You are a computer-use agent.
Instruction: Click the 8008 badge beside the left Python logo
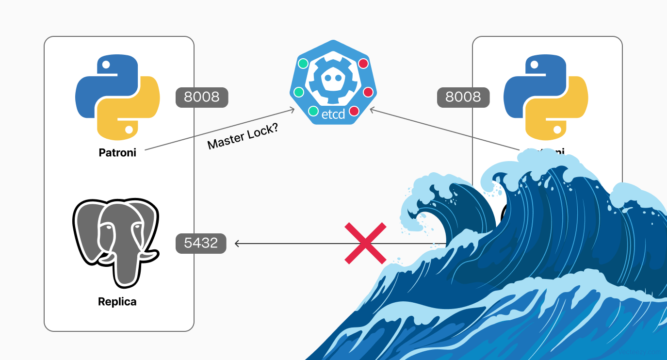tap(202, 97)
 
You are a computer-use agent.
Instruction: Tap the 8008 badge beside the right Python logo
tap(463, 97)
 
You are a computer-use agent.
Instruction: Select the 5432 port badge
tap(201, 243)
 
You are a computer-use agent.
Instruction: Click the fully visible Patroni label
tap(117, 152)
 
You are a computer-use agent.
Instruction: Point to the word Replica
tap(117, 302)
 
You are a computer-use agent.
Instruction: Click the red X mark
tap(366, 243)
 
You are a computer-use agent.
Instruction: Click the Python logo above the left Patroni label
tap(117, 98)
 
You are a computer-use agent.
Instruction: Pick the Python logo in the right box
tap(546, 98)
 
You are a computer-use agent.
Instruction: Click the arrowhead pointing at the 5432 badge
tap(237, 243)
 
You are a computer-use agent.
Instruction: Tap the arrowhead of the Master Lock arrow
tap(292, 110)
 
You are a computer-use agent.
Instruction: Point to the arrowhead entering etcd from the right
tap(373, 110)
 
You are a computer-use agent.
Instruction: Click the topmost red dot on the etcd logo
tap(363, 64)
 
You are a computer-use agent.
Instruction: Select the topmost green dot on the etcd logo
tap(303, 63)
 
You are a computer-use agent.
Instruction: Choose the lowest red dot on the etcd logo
tap(354, 111)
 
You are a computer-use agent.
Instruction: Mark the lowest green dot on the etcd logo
tap(313, 111)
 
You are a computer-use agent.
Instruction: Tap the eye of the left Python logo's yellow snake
tap(130, 130)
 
